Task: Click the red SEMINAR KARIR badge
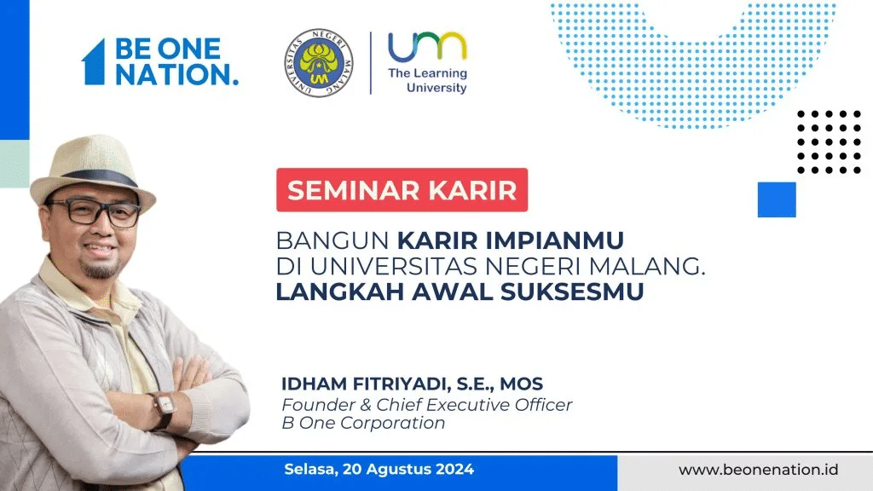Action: click(x=402, y=190)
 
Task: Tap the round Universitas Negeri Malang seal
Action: click(x=319, y=63)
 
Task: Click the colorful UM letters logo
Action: click(x=427, y=46)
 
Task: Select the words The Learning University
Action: click(x=428, y=80)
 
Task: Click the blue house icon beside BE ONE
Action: click(x=94, y=61)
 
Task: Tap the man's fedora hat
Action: click(x=92, y=170)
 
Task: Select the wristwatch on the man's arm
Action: click(x=165, y=410)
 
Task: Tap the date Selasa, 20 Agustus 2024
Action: click(x=379, y=470)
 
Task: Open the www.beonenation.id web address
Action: click(x=758, y=470)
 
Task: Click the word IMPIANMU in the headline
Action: click(x=554, y=240)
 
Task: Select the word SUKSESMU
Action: click(x=572, y=292)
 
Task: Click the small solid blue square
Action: click(x=777, y=199)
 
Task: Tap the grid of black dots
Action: click(x=829, y=142)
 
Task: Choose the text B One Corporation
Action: click(x=363, y=423)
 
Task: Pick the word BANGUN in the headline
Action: click(x=332, y=240)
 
